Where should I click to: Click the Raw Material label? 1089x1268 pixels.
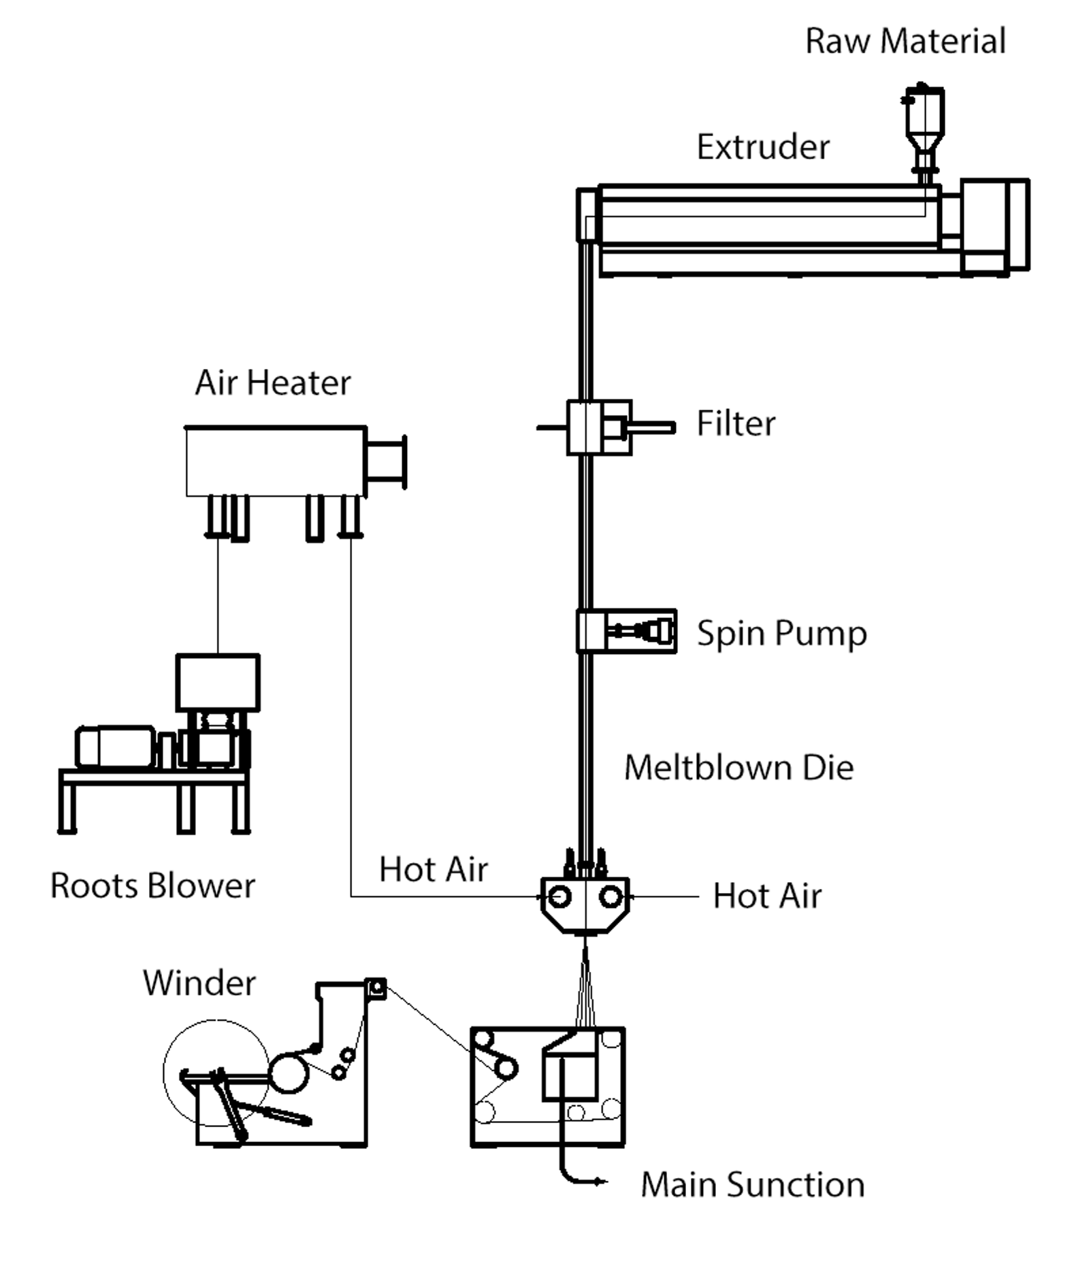pos(905,41)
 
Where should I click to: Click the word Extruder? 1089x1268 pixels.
pos(763,147)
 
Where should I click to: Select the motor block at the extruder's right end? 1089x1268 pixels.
pos(994,225)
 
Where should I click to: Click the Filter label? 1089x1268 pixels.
pos(736,423)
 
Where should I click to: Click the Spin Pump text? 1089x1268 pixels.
pos(781,633)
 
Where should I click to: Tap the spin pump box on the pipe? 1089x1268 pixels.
pos(626,631)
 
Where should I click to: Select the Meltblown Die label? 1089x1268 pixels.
pos(738,768)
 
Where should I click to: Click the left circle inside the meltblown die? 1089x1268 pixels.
pos(559,896)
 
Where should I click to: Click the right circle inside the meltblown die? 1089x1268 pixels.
pos(611,896)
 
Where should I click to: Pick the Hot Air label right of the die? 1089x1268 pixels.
pos(767,896)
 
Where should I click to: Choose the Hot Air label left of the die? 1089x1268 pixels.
pos(434,869)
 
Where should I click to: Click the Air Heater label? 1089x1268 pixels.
pos(273,383)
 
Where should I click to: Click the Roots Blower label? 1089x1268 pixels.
pos(152,885)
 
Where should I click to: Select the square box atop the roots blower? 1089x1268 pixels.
pos(218,682)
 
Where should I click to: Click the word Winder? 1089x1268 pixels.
pos(199,983)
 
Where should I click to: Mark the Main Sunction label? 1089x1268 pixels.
pos(752,1184)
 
